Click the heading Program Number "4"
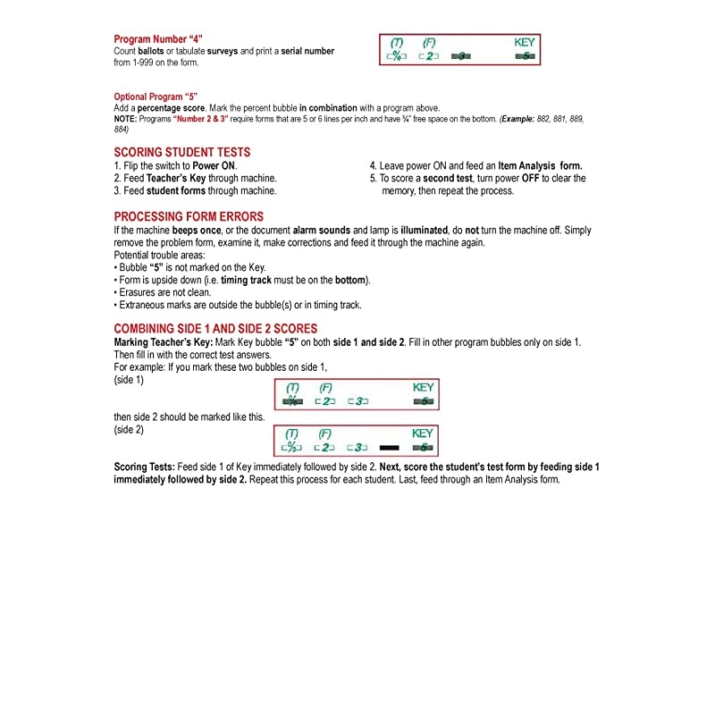click(158, 39)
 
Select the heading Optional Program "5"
click(156, 97)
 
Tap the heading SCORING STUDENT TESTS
click(181, 153)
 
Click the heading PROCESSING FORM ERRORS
click(189, 217)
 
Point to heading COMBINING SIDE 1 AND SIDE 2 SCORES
click(215, 329)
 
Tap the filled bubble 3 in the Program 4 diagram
click(459, 56)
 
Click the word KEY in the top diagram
click(525, 42)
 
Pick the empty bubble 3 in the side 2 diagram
click(356, 447)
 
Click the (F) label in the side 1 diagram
click(325, 387)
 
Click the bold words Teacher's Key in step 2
click(176, 179)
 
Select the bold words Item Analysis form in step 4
click(540, 166)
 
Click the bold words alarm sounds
click(321, 231)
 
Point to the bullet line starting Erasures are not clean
click(166, 292)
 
